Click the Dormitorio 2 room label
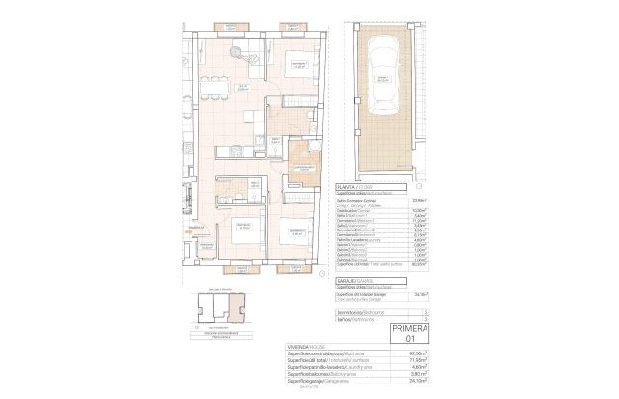coord(297,258)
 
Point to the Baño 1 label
coord(277,139)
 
